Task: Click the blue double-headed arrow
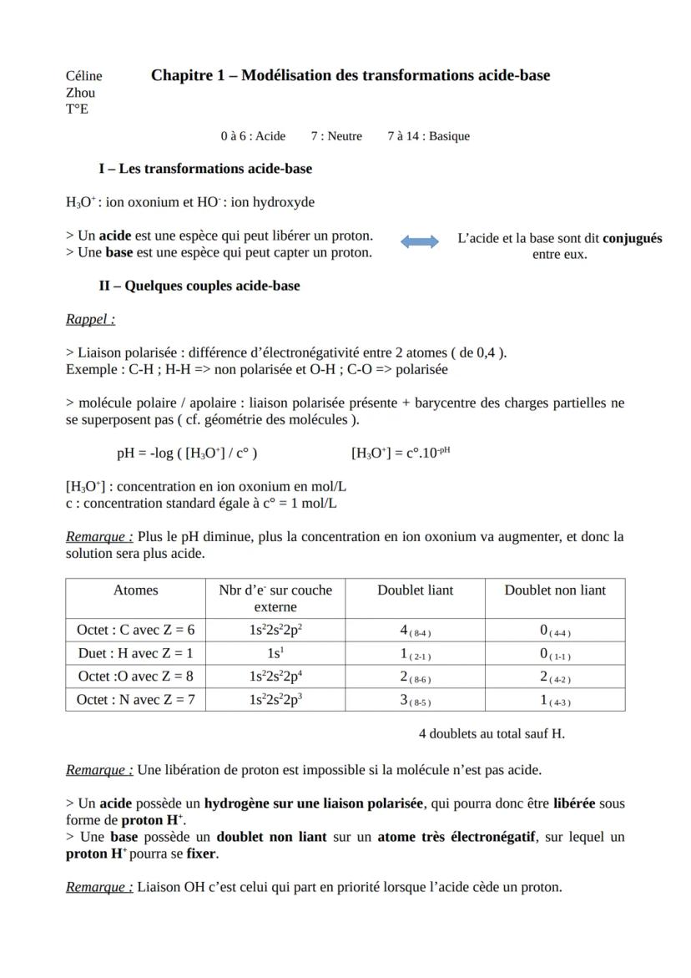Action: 419,241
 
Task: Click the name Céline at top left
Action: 83,76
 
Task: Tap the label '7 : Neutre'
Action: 336,135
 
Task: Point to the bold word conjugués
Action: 632,238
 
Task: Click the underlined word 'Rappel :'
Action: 90,319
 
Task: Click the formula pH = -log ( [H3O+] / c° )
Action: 187,454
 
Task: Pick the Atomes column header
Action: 135,590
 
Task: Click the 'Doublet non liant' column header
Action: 555,590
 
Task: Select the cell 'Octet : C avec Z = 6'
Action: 135,630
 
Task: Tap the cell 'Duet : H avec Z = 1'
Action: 135,653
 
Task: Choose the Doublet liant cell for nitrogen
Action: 415,700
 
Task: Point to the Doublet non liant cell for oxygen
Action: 555,676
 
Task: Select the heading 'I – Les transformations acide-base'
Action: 205,169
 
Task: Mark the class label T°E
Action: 77,109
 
